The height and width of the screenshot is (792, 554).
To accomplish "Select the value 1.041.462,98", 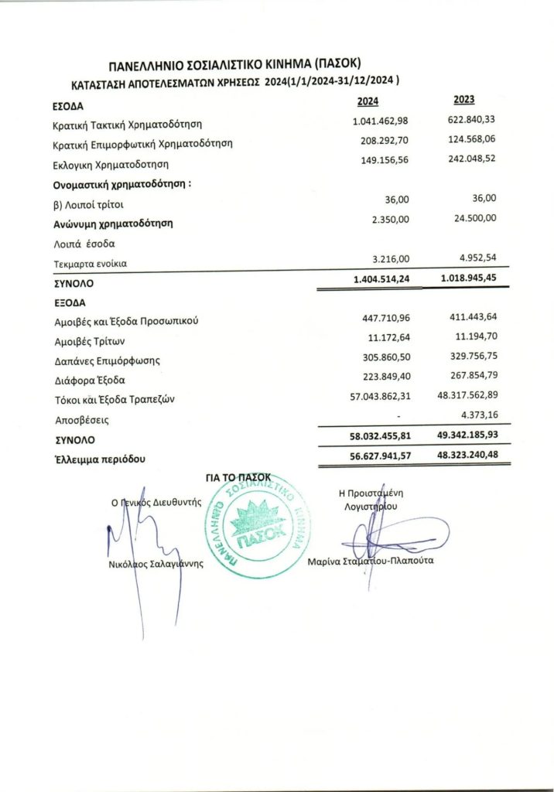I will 380,122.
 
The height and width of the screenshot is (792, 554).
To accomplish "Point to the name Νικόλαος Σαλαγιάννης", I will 155,564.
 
